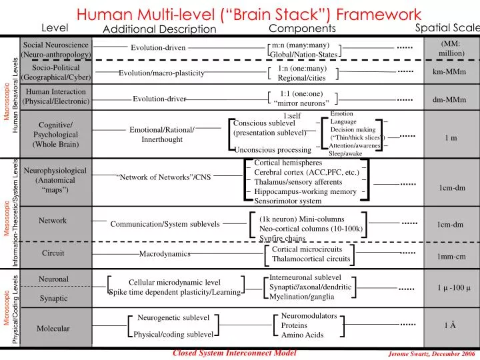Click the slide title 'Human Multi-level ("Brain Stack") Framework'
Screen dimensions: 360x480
point(248,13)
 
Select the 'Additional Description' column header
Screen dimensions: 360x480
point(159,29)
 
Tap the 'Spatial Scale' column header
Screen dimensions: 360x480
point(447,27)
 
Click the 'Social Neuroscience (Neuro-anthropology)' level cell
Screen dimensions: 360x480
point(56,49)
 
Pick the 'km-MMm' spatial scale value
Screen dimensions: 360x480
point(449,72)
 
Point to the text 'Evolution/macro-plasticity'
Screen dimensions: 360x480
point(161,73)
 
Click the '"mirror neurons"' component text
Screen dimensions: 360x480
point(301,103)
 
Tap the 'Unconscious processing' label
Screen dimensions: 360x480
point(273,150)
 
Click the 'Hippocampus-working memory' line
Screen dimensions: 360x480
point(305,191)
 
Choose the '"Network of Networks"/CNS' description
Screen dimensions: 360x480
point(163,177)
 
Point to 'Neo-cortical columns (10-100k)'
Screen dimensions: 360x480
point(311,229)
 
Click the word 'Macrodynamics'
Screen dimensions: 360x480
point(165,254)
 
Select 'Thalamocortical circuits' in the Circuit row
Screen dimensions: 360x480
point(311,259)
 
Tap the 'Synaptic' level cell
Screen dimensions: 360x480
point(53,298)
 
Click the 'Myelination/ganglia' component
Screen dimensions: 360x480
point(301,297)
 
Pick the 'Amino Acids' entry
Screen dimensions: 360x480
point(302,335)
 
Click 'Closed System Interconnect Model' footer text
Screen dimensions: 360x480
point(234,353)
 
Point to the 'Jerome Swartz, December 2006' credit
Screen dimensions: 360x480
point(431,354)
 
